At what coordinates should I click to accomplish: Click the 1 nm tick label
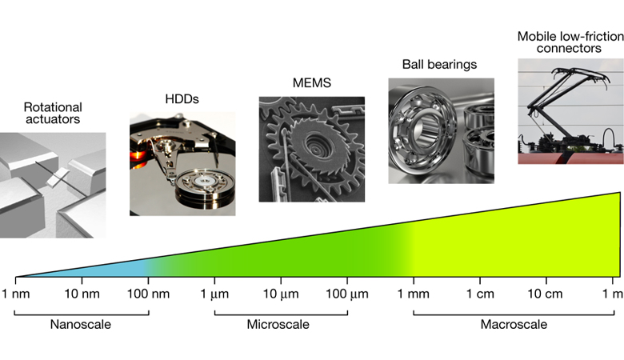[15, 293]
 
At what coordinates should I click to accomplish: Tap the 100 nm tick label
[148, 293]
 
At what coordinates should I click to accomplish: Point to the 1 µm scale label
[214, 293]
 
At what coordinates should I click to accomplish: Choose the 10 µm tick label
[281, 293]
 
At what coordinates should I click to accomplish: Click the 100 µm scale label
[347, 293]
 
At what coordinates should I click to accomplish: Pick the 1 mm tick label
[413, 293]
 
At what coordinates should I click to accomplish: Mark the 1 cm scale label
[479, 293]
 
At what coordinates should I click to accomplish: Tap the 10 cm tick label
[546, 293]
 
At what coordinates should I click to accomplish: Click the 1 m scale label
[612, 293]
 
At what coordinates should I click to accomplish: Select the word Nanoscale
[80, 325]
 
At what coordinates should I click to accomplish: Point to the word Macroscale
[514, 325]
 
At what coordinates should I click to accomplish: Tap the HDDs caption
[181, 99]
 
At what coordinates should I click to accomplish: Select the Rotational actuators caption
[53, 114]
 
